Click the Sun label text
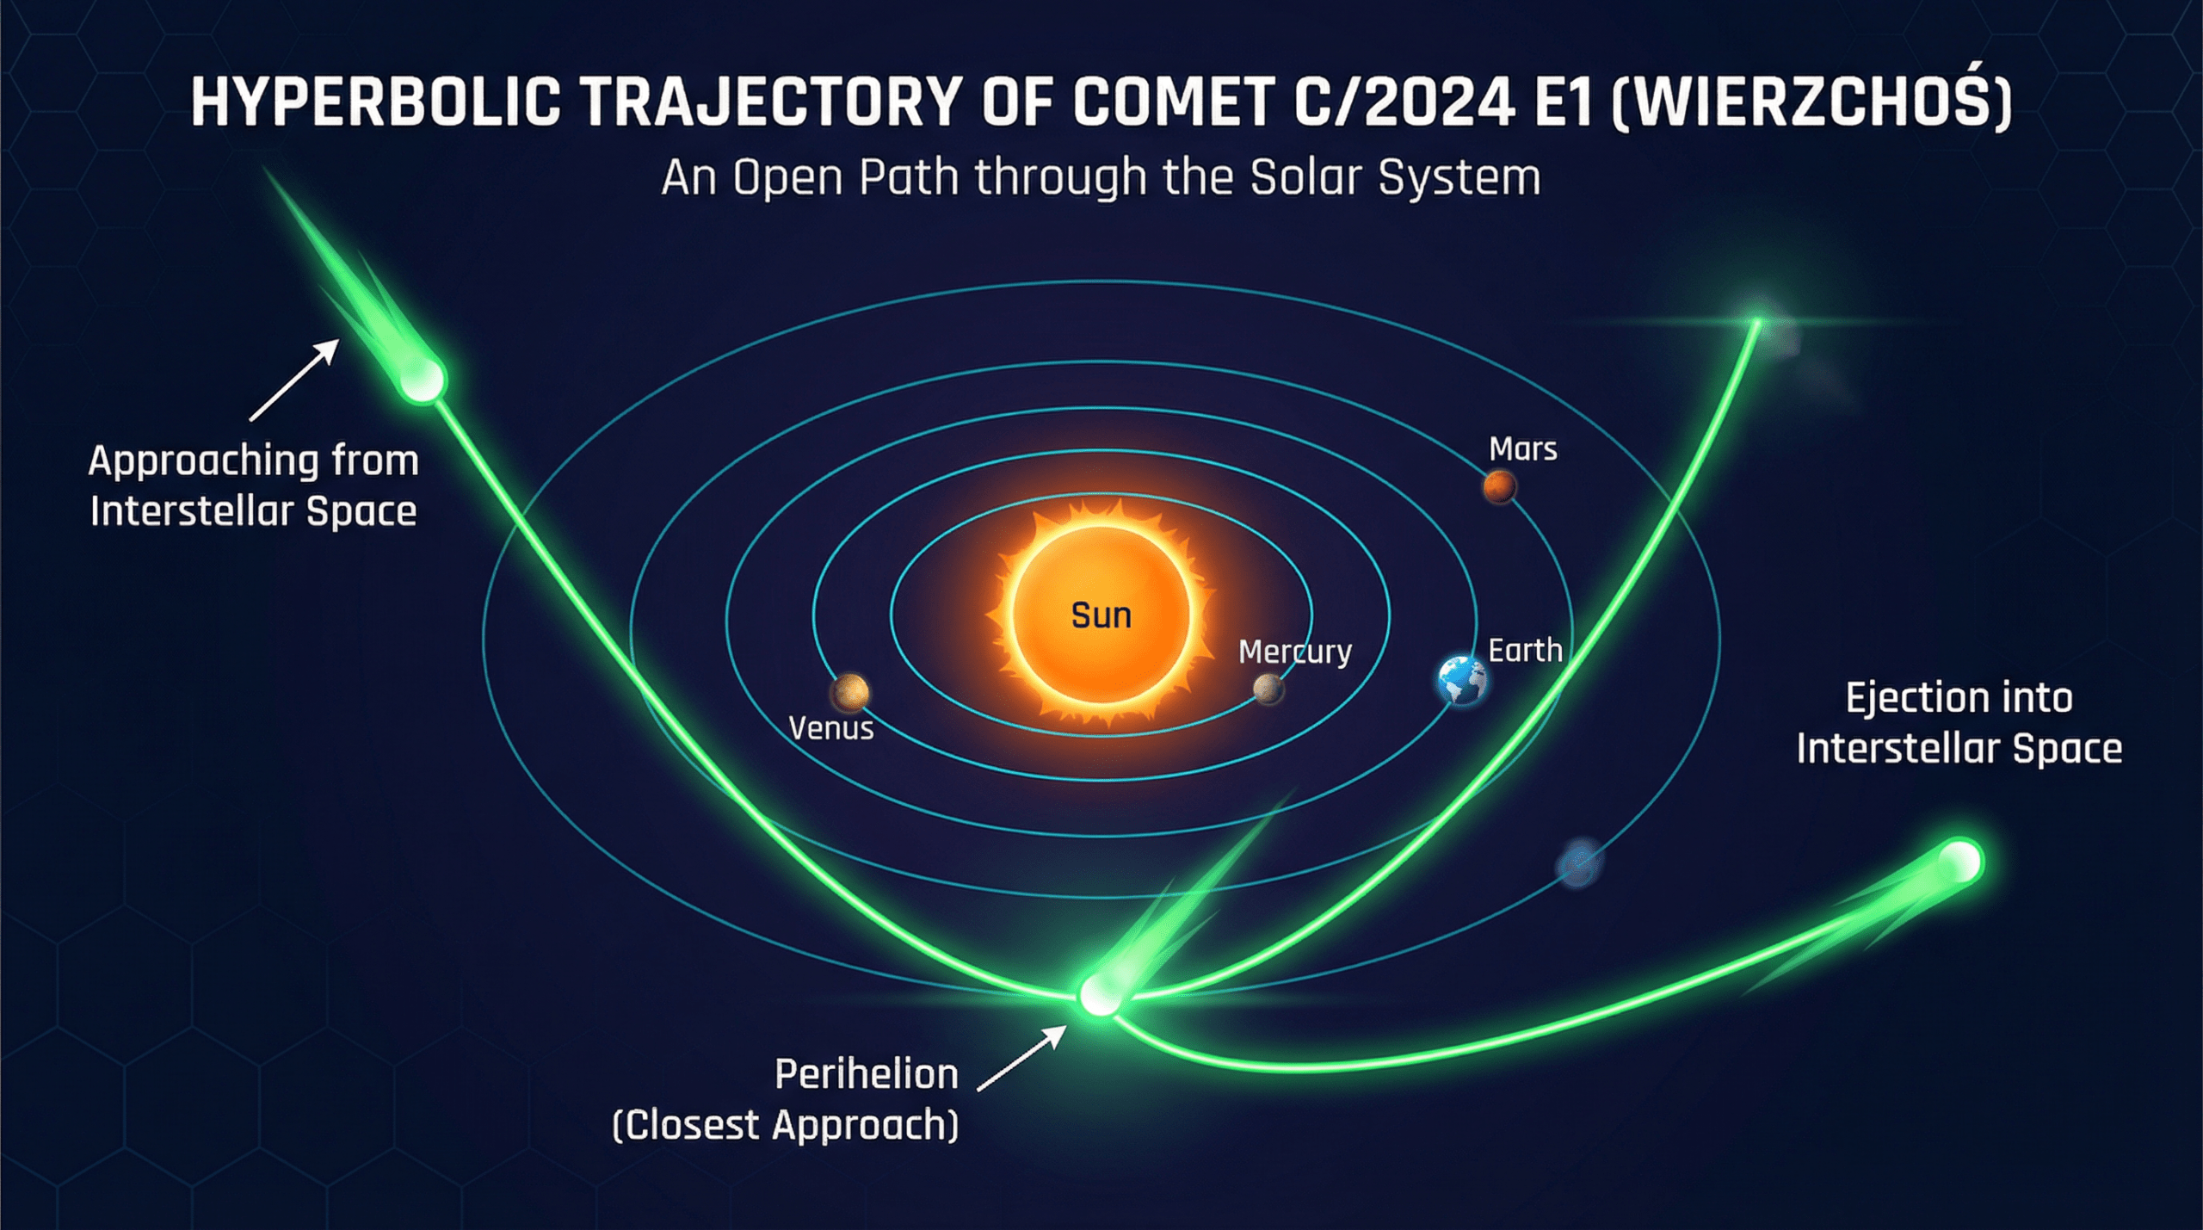[1101, 615]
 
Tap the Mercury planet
[1268, 689]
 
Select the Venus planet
[850, 692]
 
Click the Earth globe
[1462, 680]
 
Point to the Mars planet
[1499, 487]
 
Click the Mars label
[1523, 449]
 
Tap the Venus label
[831, 729]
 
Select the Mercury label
[1295, 652]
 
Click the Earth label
[1526, 651]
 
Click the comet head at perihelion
[1100, 996]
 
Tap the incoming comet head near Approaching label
[423, 379]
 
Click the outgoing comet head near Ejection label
[1961, 861]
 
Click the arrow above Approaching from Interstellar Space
[294, 380]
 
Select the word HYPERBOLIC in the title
[376, 102]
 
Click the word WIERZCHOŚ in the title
[1811, 99]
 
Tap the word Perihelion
[867, 1074]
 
